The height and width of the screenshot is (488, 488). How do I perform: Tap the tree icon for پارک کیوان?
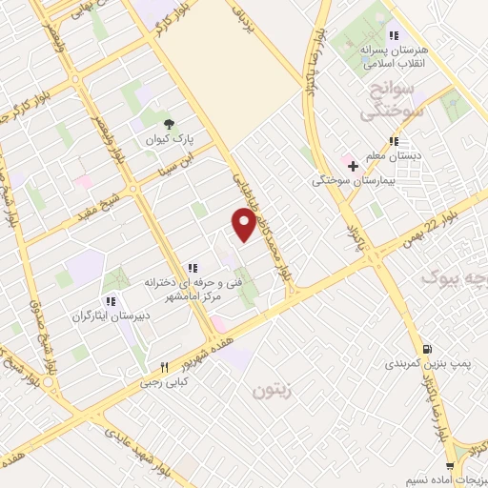point(169,124)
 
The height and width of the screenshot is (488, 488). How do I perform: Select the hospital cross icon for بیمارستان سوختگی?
point(353,166)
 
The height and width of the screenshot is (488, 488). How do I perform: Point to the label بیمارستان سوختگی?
point(351,179)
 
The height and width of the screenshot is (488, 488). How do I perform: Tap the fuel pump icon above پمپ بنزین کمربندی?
point(426,350)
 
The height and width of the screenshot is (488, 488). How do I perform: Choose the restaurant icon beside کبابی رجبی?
point(164,366)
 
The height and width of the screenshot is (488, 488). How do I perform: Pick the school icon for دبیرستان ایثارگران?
point(112,302)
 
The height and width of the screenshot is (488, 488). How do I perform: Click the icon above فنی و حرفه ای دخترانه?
point(193,268)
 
